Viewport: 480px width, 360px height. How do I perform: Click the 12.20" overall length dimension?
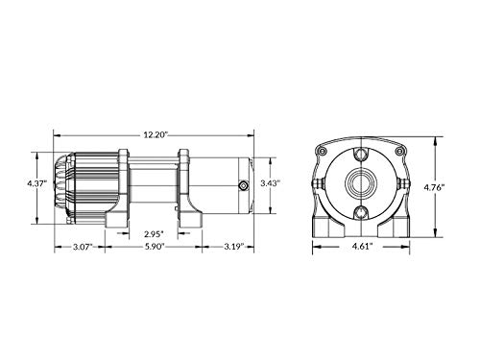click(156, 135)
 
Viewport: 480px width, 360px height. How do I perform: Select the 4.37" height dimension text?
click(37, 183)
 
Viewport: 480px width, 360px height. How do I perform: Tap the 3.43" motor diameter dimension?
click(271, 183)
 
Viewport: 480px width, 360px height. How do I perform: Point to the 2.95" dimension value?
click(154, 234)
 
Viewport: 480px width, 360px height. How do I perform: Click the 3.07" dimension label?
click(83, 247)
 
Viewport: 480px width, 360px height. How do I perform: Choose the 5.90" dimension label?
click(154, 247)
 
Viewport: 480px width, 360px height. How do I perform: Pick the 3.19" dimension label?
click(234, 247)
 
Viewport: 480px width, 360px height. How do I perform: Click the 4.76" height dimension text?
click(434, 187)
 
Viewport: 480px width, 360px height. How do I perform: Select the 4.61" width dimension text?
click(363, 247)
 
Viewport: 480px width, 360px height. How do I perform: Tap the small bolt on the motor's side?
click(244, 185)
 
